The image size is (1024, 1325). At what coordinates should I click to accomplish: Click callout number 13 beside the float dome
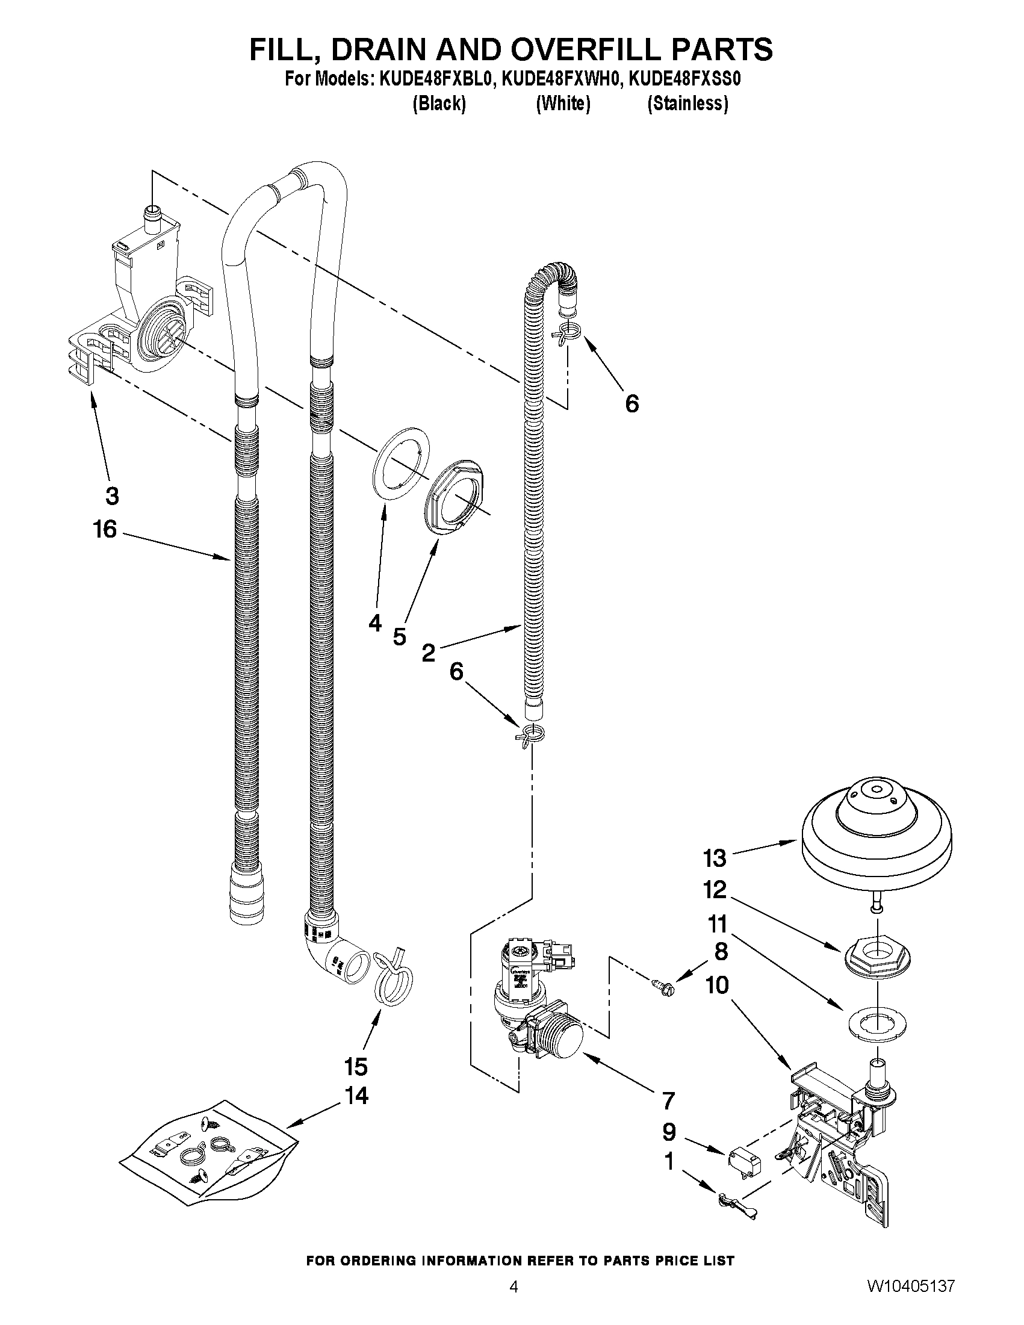tap(714, 858)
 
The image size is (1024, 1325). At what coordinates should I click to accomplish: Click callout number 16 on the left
tap(104, 529)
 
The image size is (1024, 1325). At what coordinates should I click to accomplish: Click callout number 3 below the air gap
tap(112, 495)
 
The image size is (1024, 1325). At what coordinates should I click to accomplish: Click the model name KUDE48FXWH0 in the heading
tap(561, 79)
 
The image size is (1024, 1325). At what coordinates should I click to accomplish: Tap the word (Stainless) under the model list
tap(687, 104)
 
